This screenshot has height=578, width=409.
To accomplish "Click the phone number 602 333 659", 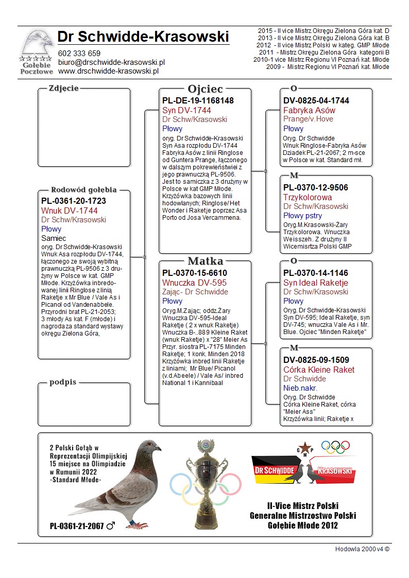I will (x=79, y=54).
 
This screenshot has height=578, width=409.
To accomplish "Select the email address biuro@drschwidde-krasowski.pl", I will (x=111, y=62).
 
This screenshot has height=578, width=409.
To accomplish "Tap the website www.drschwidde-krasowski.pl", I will (x=108, y=71).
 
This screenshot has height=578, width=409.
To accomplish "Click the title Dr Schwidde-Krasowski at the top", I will (x=143, y=37).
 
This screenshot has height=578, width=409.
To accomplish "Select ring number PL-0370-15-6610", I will (x=194, y=273).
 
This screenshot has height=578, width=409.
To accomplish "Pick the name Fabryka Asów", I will (x=309, y=110).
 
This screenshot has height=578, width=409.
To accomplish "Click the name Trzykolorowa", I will (x=308, y=197).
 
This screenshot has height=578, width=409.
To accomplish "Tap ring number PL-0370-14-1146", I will (x=316, y=273).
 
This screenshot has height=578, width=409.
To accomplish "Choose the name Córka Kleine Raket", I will (x=319, y=370).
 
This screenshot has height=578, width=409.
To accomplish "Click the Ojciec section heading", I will (x=205, y=89).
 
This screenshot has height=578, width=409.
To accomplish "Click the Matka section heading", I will (x=205, y=261).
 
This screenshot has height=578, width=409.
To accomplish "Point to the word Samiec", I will (x=54, y=238).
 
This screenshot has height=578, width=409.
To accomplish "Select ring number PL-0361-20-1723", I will (x=74, y=201).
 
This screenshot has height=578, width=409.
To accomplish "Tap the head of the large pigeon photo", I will (x=151, y=446).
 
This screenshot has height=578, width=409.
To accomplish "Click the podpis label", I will (x=63, y=382).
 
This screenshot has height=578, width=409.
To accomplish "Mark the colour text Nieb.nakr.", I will (x=300, y=388).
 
